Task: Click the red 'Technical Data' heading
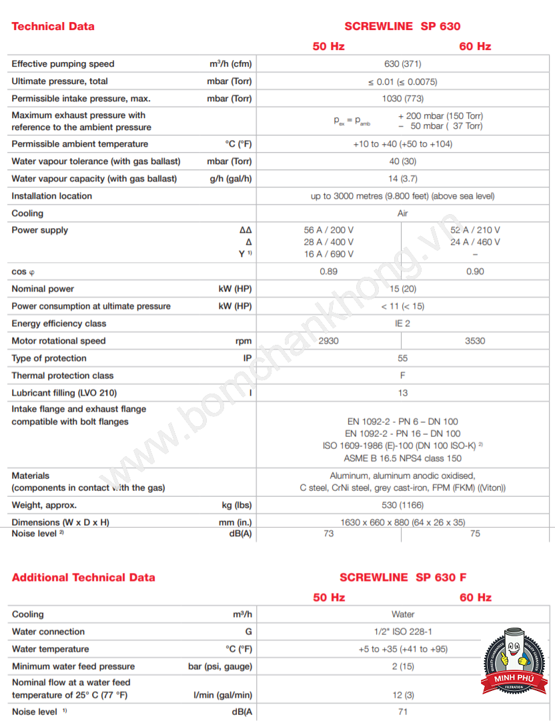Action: click(x=53, y=27)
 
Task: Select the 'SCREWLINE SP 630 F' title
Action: click(x=403, y=578)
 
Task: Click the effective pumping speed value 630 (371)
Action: click(x=402, y=64)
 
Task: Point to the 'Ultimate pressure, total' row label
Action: click(x=59, y=81)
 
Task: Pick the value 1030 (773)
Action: click(x=402, y=99)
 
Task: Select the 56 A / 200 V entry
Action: click(x=329, y=230)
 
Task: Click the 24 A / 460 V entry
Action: click(x=475, y=242)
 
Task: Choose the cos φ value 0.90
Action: click(x=475, y=271)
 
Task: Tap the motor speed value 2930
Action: click(x=328, y=341)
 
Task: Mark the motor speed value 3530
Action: click(x=475, y=341)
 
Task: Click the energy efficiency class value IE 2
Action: click(x=402, y=323)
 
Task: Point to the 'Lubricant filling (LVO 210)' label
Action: click(x=64, y=393)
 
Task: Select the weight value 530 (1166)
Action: click(x=402, y=505)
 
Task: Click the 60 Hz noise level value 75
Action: click(x=475, y=534)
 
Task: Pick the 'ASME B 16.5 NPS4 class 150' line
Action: click(x=402, y=458)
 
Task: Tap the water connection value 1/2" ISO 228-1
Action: click(x=402, y=632)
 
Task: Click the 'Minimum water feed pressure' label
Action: click(x=73, y=666)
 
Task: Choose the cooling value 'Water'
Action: click(x=402, y=614)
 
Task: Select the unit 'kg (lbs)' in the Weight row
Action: click(x=237, y=505)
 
